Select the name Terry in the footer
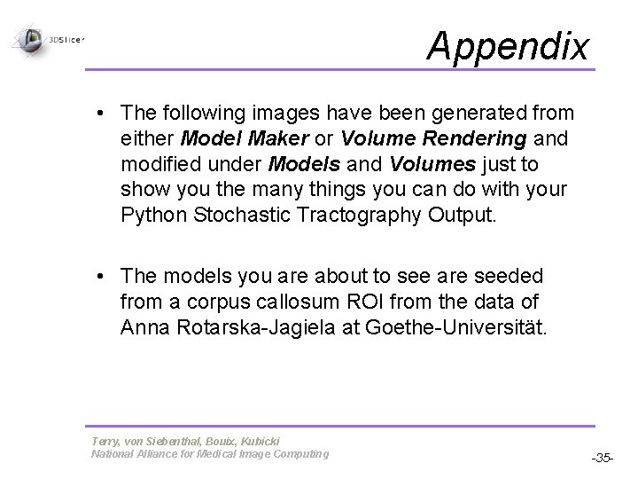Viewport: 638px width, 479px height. [105, 441]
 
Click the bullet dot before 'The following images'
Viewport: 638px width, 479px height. [104, 114]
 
